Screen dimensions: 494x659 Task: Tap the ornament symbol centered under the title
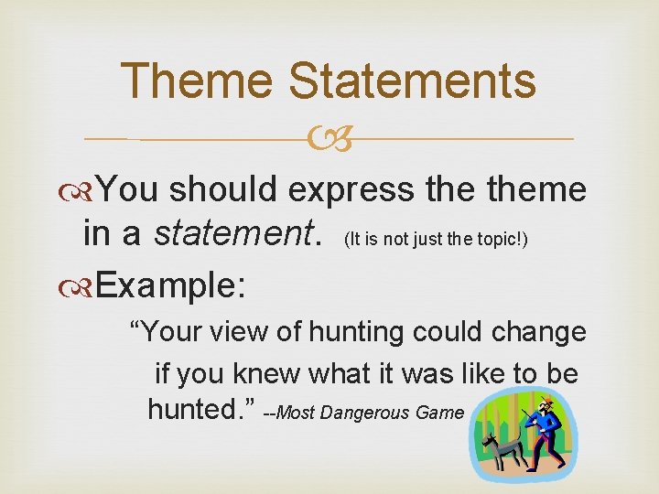[x=330, y=139]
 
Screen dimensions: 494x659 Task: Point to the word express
[x=353, y=190]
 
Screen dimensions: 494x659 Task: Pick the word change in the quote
[x=539, y=331]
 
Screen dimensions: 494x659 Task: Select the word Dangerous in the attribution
[x=366, y=413]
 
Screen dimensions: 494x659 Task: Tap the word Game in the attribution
[x=440, y=413]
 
